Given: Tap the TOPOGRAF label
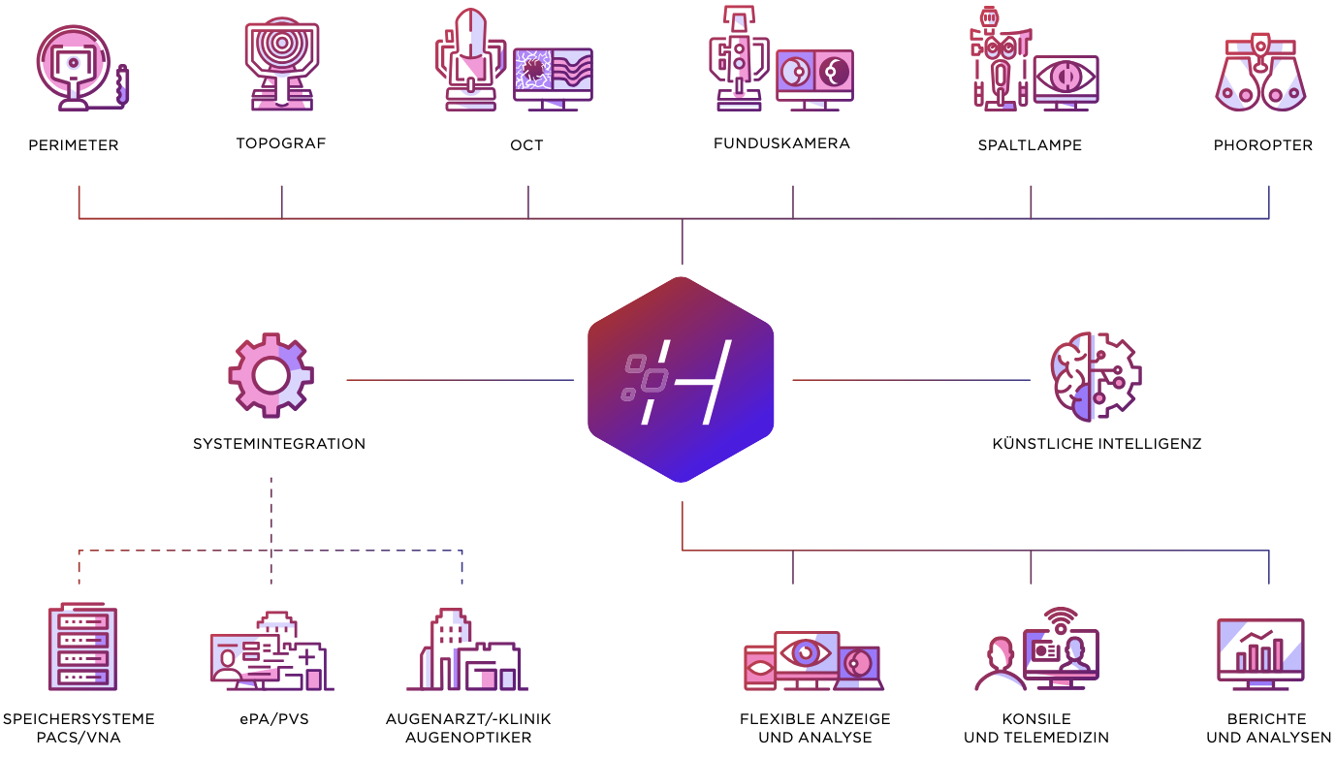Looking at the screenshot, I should [281, 143].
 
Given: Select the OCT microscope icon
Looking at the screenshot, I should [470, 60].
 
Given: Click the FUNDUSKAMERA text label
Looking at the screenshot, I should [781, 143].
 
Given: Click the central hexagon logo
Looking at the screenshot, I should [682, 379].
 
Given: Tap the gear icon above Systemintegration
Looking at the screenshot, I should [270, 375].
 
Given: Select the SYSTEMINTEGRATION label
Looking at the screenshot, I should [279, 444].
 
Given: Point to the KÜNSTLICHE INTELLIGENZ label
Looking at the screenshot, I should [1097, 444].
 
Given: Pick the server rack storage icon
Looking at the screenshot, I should [82, 647].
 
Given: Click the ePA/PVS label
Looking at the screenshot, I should [273, 719].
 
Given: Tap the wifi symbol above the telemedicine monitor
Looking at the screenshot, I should [1062, 618].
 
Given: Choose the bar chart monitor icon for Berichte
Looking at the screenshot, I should [1260, 650].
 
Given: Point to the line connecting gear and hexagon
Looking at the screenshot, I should [461, 380].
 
